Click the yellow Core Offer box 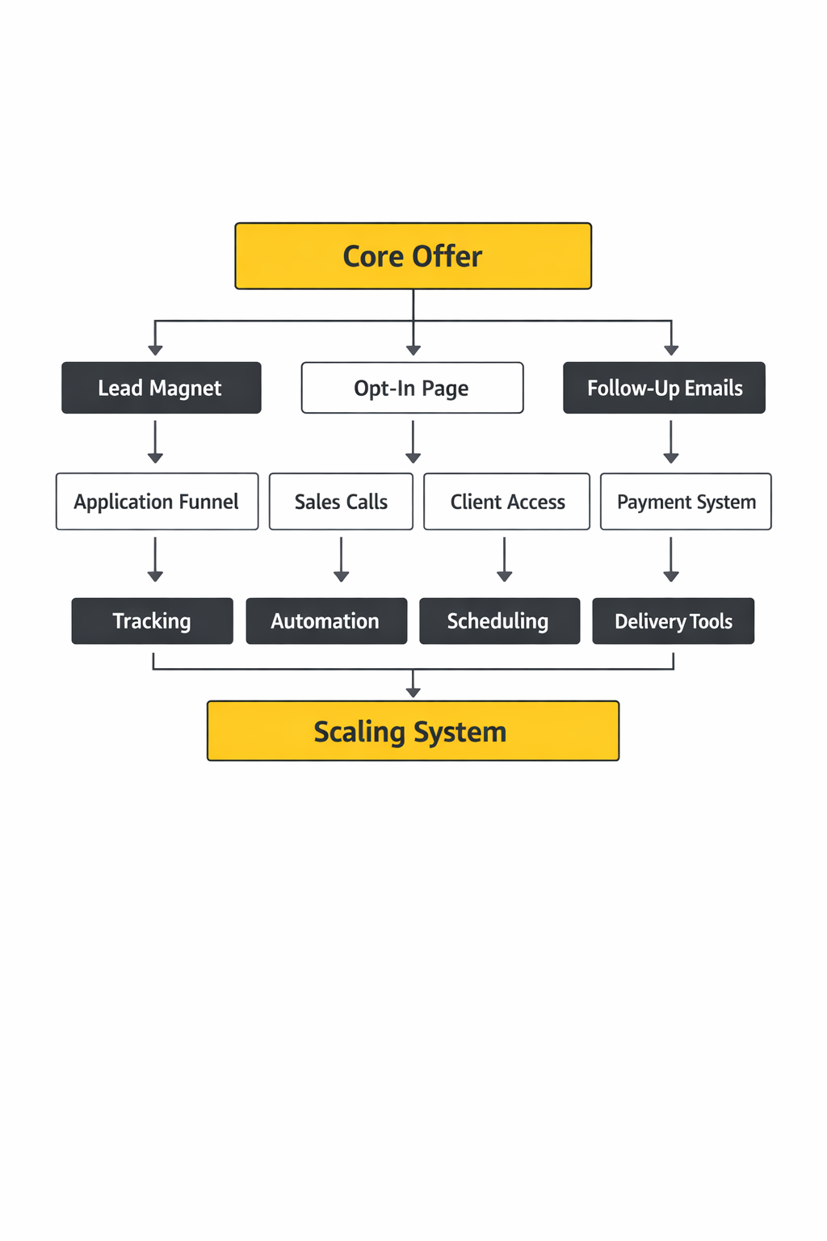pyautogui.click(x=413, y=256)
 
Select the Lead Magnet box pyautogui.click(x=161, y=388)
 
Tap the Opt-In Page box pyautogui.click(x=412, y=388)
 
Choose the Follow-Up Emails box pyautogui.click(x=664, y=388)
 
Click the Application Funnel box pyautogui.click(x=157, y=502)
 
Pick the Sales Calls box pyautogui.click(x=341, y=502)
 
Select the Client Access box pyautogui.click(x=506, y=502)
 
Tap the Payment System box pyautogui.click(x=686, y=502)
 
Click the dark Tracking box pyautogui.click(x=152, y=620)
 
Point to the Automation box pyautogui.click(x=325, y=620)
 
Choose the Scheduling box pyautogui.click(x=499, y=620)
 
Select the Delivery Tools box pyautogui.click(x=673, y=620)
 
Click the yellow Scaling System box pyautogui.click(x=413, y=731)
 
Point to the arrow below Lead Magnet pyautogui.click(x=155, y=442)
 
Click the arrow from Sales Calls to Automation pyautogui.click(x=341, y=559)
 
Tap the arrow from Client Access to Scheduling pyautogui.click(x=504, y=559)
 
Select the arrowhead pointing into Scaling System pyautogui.click(x=413, y=692)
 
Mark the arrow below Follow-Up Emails pyautogui.click(x=670, y=442)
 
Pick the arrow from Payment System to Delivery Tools pyautogui.click(x=670, y=559)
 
